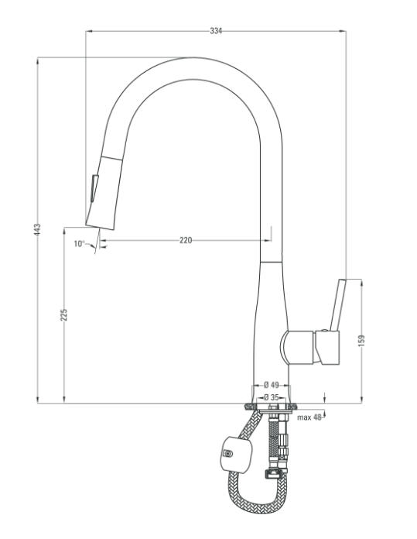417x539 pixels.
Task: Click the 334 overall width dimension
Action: coord(216,31)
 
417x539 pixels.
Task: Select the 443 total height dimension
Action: coord(37,229)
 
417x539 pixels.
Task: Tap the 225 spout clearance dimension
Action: coord(64,315)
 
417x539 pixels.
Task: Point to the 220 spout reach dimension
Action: coord(186,240)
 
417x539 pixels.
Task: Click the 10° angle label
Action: coord(79,244)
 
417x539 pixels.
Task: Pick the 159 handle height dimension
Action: coord(361,341)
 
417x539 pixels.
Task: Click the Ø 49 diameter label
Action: coord(272,385)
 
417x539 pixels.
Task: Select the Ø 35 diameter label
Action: coord(272,397)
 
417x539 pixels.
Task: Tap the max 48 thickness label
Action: coord(309,417)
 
